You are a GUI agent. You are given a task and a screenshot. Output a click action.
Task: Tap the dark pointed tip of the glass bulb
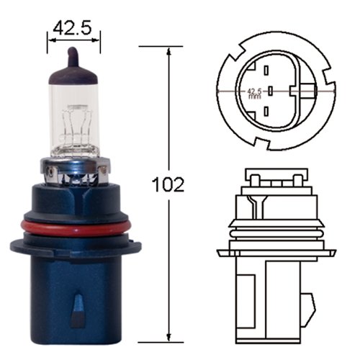[73, 55]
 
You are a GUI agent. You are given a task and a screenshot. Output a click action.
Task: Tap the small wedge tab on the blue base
[78, 309]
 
